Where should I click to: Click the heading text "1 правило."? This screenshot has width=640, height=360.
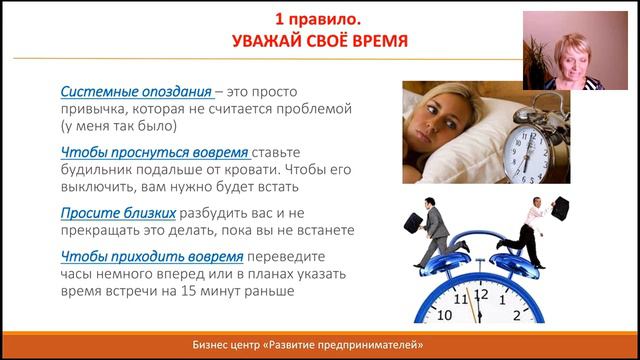click(319, 19)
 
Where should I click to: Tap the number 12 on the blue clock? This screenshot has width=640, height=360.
click(482, 295)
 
